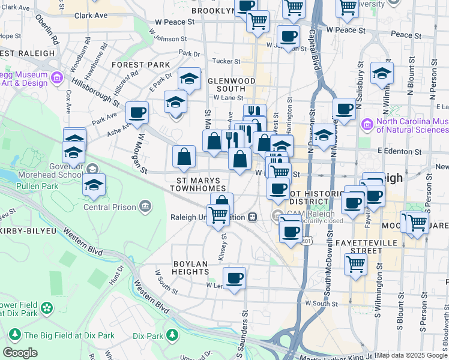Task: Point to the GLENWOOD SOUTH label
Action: pyautogui.click(x=231, y=80)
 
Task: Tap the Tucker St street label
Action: pyautogui.click(x=226, y=61)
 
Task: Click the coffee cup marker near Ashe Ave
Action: pyautogui.click(x=137, y=112)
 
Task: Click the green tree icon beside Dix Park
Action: pyautogui.click(x=172, y=334)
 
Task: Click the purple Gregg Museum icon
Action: pyautogui.click(x=57, y=77)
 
